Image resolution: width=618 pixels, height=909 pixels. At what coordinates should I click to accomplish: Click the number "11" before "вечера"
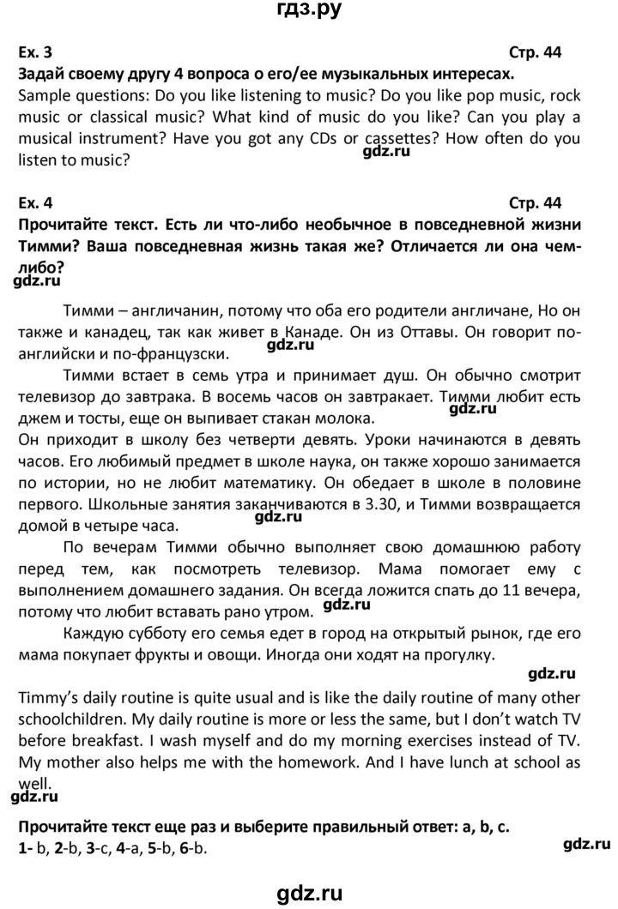click(513, 591)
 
